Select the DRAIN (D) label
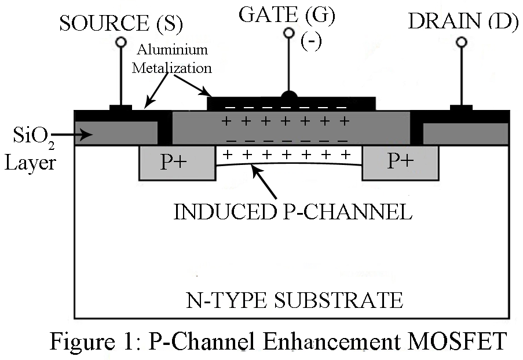[462, 21]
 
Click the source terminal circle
[121, 42]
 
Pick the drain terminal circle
[462, 42]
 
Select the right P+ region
[400, 163]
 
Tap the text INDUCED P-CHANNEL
[293, 211]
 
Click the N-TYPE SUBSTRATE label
[294, 300]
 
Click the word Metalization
[172, 67]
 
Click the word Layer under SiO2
[30, 163]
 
